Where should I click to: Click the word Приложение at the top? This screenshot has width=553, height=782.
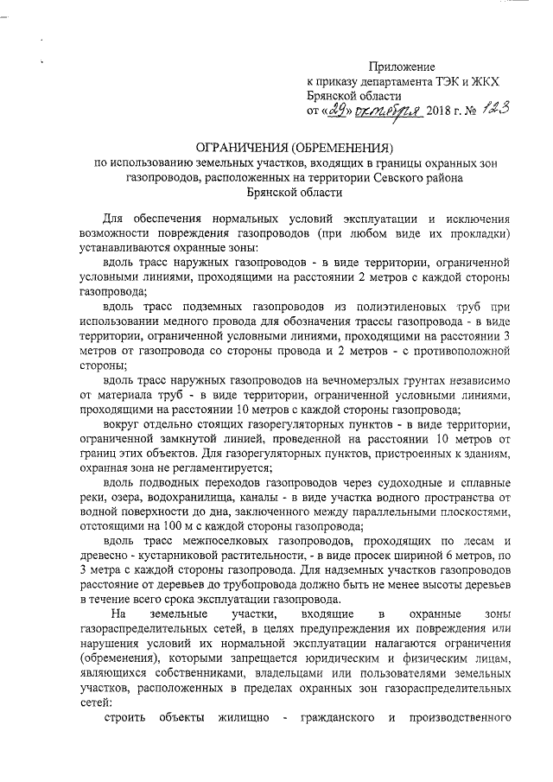[402, 66]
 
